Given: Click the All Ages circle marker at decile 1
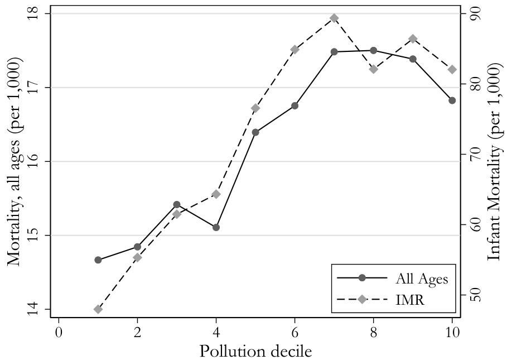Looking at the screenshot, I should (98, 260).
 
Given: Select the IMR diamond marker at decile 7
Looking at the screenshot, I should (334, 18).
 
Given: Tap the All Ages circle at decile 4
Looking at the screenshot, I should (216, 227).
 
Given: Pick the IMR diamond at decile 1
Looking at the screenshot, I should (98, 309).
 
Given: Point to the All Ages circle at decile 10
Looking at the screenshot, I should (452, 100).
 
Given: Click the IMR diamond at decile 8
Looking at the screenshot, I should (374, 69).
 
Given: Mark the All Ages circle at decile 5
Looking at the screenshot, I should (255, 132).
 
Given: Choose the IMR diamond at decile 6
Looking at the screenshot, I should (295, 49).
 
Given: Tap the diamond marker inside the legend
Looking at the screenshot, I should (362, 300).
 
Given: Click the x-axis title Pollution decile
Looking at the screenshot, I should (255, 351).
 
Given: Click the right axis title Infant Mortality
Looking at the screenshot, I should (494, 161).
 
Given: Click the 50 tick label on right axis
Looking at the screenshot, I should (474, 295).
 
